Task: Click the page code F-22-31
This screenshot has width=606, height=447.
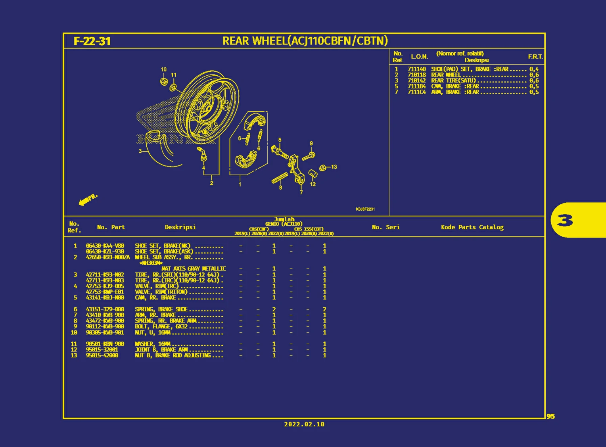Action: [x=92, y=41]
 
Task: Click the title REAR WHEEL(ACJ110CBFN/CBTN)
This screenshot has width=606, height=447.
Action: [x=305, y=41]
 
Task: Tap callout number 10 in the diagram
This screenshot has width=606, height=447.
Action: [x=163, y=69]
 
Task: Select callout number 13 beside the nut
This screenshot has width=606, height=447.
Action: [x=334, y=167]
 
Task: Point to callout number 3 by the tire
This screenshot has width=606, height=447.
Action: [x=140, y=151]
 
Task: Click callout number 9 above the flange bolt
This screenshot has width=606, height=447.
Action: [x=311, y=144]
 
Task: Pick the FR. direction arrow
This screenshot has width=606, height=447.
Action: [x=87, y=200]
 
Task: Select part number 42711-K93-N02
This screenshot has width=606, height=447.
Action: [x=105, y=274]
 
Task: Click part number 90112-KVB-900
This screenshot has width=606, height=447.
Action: [x=105, y=326]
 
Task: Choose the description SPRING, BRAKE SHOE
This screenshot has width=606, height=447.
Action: [x=161, y=309]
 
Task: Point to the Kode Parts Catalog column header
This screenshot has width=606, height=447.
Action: [x=472, y=227]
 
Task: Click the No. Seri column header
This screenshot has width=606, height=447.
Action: [x=385, y=227]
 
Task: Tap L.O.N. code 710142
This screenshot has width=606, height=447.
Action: [x=416, y=81]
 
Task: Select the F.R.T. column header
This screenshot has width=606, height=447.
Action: [x=535, y=57]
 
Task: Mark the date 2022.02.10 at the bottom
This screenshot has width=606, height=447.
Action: [x=304, y=424]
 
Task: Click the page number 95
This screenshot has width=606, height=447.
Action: [x=550, y=416]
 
